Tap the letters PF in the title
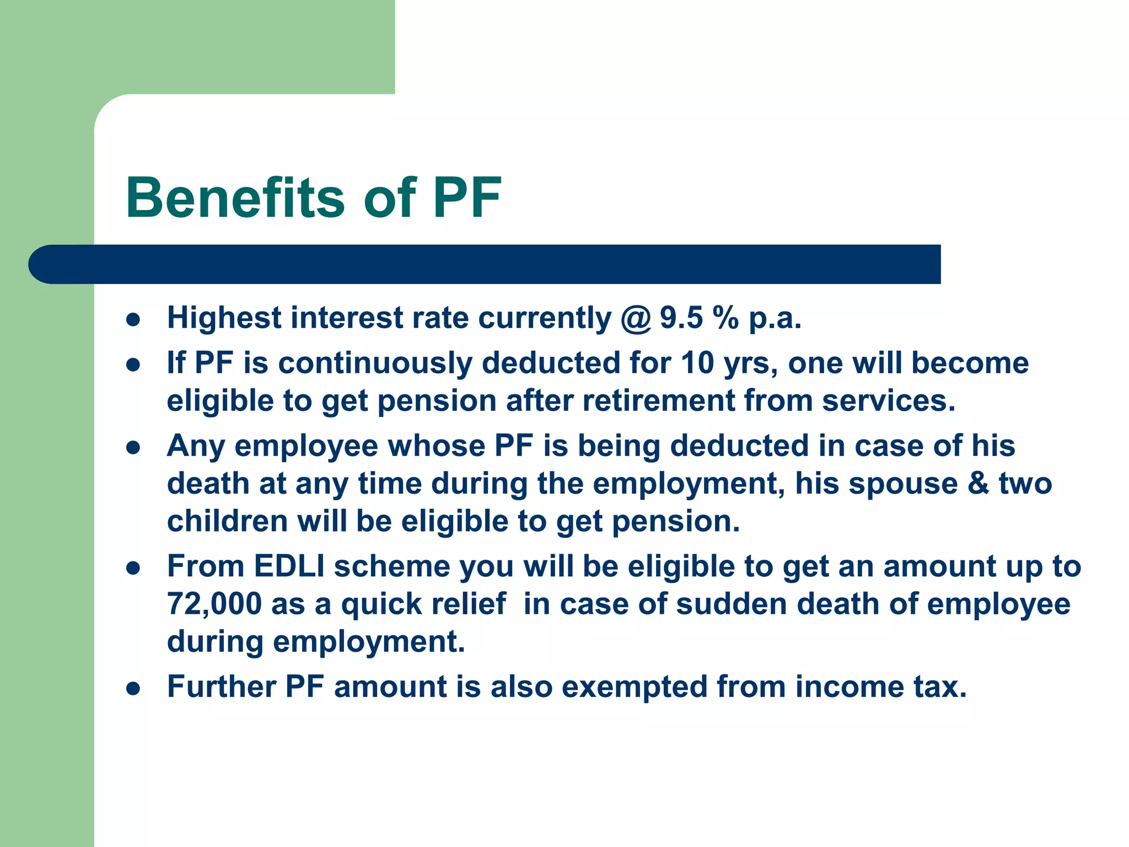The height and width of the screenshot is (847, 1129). click(x=467, y=197)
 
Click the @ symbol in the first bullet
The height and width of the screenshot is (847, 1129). click(x=636, y=318)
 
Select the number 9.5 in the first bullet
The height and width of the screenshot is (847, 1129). click(x=681, y=318)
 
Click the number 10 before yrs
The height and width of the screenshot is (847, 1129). click(x=697, y=363)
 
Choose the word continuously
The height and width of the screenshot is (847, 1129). click(x=375, y=363)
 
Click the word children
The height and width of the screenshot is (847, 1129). click(x=227, y=521)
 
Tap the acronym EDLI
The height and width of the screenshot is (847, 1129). click(x=289, y=566)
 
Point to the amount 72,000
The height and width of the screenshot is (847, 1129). click(x=214, y=604)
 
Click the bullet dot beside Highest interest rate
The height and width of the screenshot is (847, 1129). click(x=133, y=319)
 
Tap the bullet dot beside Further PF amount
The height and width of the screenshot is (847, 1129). click(x=133, y=688)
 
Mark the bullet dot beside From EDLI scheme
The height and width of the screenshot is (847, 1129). click(x=133, y=567)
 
